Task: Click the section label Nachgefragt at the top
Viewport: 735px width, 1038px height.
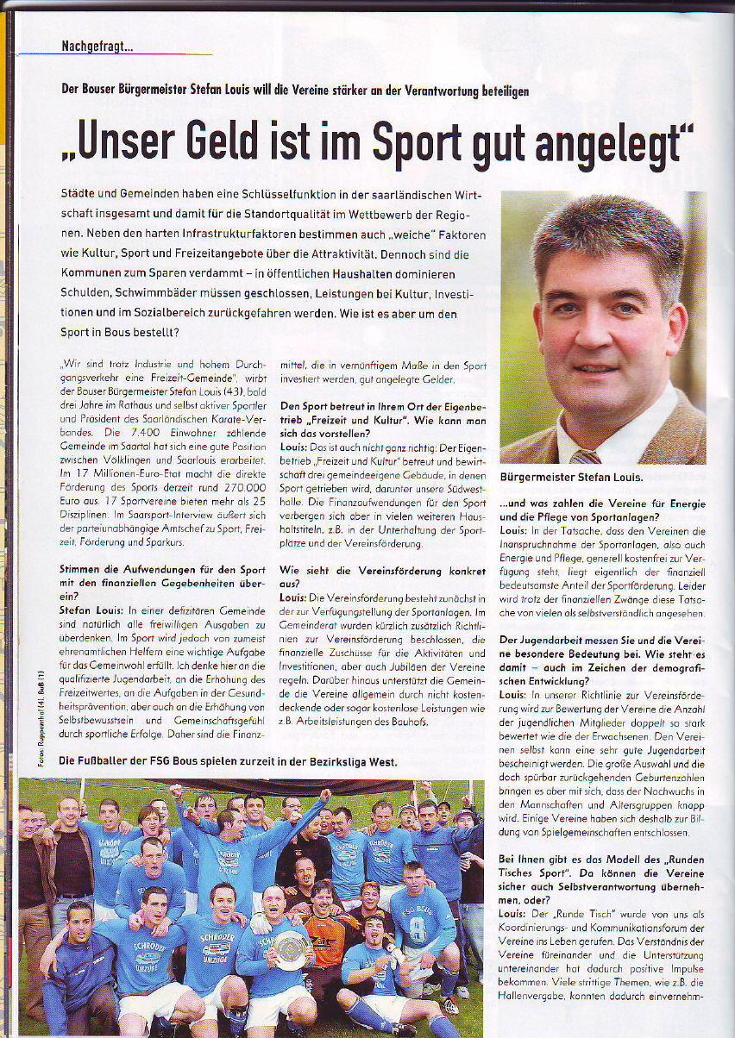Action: [97, 47]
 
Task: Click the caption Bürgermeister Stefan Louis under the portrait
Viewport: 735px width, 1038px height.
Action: [571, 478]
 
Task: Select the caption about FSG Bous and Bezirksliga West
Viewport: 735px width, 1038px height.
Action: [228, 762]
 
